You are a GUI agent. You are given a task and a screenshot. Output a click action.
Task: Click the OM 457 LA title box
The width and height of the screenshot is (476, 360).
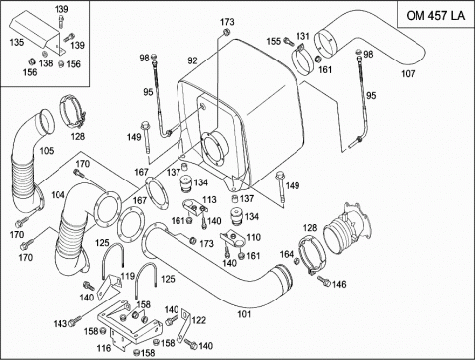tap(435, 15)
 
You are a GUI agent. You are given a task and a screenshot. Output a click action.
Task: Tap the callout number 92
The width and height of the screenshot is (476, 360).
tap(192, 60)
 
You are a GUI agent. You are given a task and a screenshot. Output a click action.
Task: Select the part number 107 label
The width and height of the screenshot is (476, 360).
tap(408, 73)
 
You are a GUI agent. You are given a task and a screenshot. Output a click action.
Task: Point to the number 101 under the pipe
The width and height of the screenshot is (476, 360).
tap(244, 314)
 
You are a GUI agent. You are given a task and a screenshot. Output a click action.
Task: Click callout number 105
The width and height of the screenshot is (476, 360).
tap(47, 151)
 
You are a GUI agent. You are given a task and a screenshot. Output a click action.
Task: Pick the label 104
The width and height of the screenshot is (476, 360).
tap(58, 195)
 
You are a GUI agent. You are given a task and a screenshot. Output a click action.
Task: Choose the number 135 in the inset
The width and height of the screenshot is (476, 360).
tap(17, 42)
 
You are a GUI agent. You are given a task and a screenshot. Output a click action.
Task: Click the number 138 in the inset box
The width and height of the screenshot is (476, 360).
tap(46, 62)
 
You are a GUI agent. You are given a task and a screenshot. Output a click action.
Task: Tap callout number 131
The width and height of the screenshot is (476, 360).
tap(302, 36)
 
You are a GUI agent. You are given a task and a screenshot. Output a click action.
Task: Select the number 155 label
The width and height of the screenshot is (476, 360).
tap(274, 41)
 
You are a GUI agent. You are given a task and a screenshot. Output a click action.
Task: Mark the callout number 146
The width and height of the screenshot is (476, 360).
tap(339, 284)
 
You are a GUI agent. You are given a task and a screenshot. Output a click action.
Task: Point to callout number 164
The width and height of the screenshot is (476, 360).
tap(287, 254)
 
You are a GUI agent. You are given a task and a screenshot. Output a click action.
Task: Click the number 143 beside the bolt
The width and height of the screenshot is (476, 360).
tap(60, 323)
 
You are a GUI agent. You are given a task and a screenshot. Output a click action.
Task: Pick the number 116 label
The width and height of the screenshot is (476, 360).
tap(104, 348)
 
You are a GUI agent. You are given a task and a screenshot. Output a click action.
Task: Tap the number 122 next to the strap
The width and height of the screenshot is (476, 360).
tap(199, 320)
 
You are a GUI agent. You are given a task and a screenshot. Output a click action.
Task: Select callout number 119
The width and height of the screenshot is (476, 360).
tap(128, 276)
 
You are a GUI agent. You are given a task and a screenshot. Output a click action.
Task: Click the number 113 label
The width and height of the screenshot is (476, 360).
tap(209, 199)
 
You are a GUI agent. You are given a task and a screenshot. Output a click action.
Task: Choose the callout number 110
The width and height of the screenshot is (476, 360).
tap(253, 237)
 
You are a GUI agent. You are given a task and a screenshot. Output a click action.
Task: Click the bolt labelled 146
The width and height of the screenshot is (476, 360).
tap(324, 281)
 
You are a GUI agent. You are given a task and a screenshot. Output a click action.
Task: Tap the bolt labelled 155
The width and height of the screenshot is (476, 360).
tap(289, 42)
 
